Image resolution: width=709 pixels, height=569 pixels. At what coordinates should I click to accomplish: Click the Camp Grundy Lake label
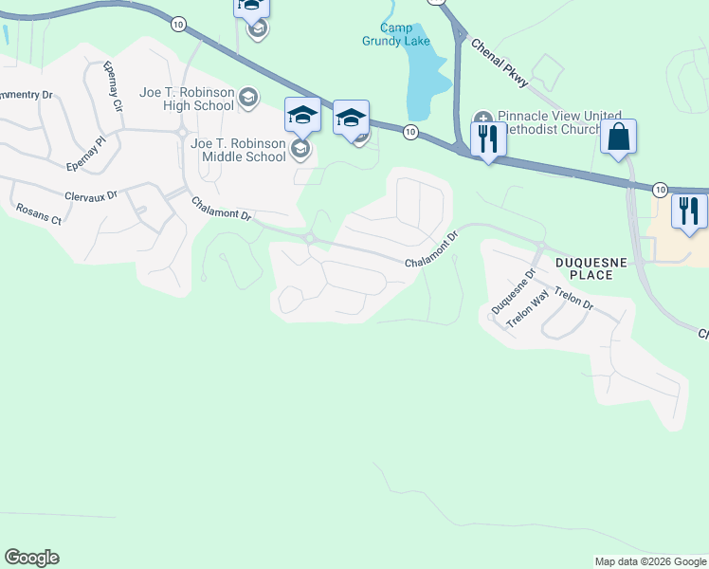tap(395, 34)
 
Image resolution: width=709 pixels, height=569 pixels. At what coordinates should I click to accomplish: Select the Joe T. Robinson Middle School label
tap(238, 150)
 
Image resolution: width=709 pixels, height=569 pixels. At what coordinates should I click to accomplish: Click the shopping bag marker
tap(618, 137)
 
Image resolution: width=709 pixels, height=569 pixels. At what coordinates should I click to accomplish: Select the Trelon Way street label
tap(529, 309)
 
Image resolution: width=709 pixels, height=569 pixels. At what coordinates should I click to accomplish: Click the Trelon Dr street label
tap(573, 299)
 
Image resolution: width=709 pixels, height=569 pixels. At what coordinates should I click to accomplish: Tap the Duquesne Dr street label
tap(514, 291)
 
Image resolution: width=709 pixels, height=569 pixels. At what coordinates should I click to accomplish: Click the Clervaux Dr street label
tap(91, 195)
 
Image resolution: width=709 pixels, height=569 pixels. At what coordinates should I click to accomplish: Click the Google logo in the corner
tap(31, 558)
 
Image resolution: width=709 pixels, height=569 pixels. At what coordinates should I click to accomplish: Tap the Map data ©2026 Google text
tap(650, 561)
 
